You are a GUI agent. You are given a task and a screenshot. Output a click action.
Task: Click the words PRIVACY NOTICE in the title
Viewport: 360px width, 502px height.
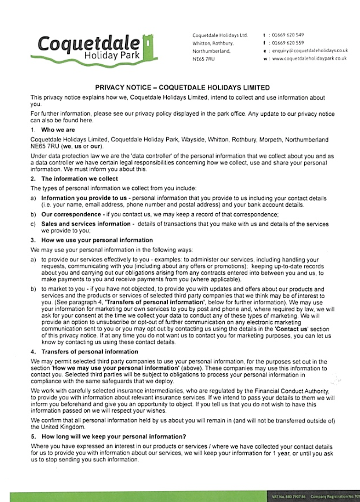point(120,87)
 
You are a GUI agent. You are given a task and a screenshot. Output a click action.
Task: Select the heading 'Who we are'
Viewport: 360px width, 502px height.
point(58,130)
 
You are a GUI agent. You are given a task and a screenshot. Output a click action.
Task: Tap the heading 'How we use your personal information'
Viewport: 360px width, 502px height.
point(97,240)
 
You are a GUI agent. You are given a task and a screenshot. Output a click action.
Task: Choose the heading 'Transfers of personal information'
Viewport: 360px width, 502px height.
point(90,352)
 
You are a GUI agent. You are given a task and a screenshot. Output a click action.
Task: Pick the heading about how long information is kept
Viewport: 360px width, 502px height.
point(114,437)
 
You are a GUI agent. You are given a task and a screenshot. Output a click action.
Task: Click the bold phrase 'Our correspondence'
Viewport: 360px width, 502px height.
point(71,215)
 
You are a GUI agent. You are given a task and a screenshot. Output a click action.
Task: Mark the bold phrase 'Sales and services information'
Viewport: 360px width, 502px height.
point(86,224)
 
